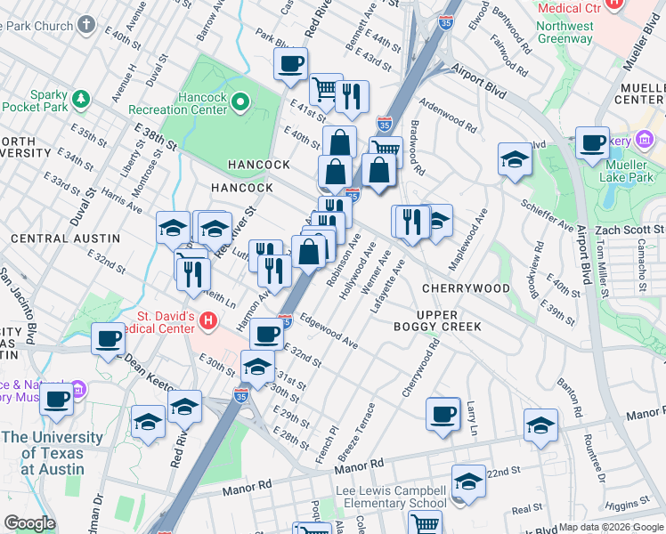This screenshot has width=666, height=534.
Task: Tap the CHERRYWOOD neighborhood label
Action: [465, 288]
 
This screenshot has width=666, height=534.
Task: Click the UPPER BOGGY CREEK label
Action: [437, 320]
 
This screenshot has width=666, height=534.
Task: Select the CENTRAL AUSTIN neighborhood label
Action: [65, 239]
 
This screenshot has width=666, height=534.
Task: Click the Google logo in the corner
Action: [29, 523]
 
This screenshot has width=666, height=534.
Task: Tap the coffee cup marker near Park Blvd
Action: [291, 64]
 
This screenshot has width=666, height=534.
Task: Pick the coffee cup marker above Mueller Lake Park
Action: [592, 142]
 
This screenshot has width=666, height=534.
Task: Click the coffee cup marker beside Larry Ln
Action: [443, 414]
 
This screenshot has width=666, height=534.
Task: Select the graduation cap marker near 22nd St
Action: [468, 481]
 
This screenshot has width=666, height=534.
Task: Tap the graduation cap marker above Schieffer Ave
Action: [514, 159]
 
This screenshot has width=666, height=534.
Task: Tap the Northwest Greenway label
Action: [564, 33]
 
